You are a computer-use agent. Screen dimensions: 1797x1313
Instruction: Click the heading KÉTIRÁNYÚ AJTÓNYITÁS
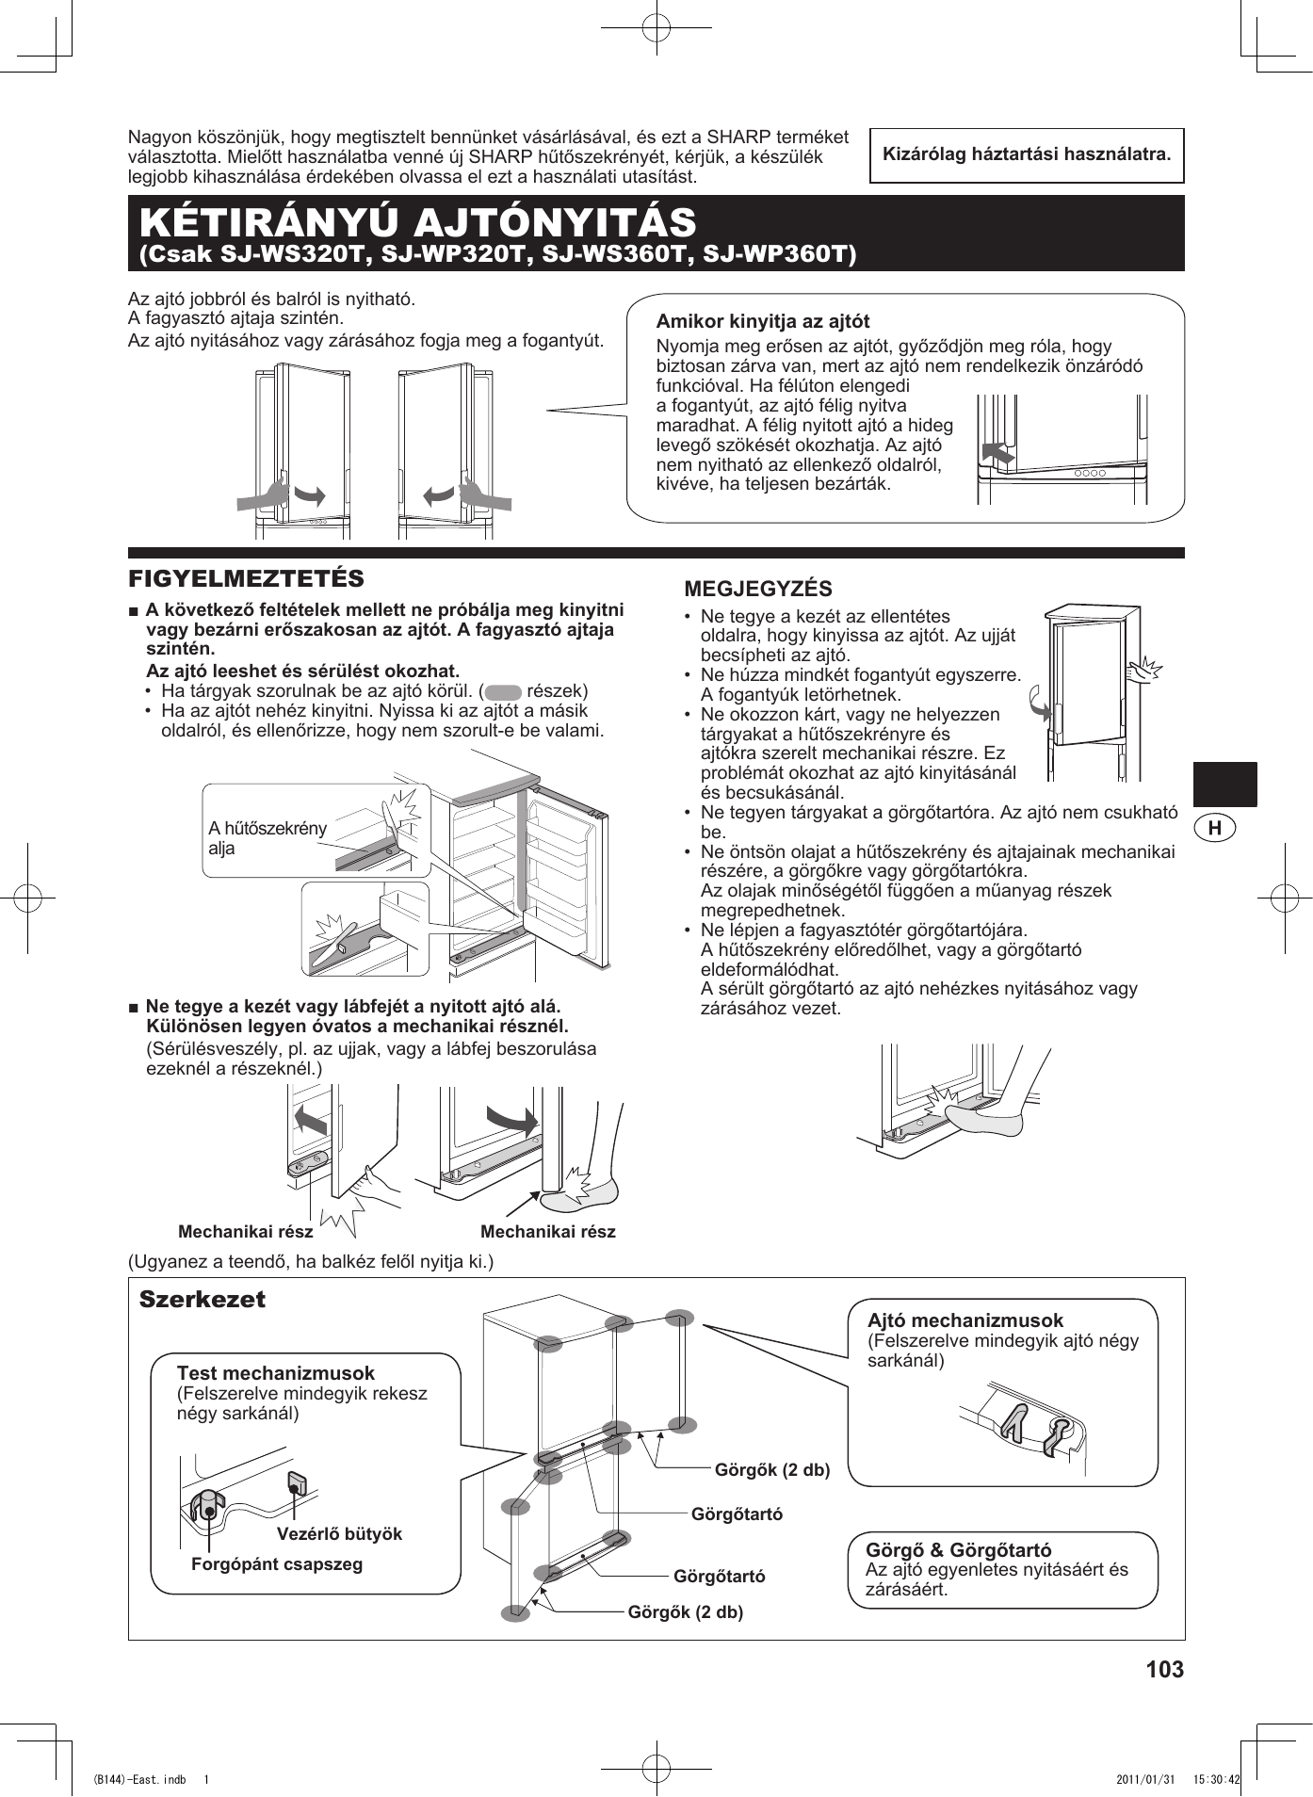point(417,222)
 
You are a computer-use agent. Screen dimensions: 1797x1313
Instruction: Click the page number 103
point(1164,1669)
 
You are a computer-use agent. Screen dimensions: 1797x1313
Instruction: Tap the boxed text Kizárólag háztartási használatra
point(1027,154)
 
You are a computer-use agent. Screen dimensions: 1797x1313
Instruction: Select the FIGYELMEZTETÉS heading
point(246,578)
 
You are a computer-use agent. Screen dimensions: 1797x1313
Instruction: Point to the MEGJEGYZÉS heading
point(758,590)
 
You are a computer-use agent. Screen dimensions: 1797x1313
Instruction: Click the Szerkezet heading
point(203,1300)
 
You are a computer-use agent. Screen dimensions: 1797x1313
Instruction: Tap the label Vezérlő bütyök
point(339,1533)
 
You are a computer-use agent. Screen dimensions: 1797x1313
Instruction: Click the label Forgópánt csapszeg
point(277,1563)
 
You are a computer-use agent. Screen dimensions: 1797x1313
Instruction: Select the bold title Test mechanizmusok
point(275,1373)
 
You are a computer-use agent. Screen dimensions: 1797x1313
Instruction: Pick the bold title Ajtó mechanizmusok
point(964,1320)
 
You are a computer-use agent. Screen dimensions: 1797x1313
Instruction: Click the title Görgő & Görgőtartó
point(958,1549)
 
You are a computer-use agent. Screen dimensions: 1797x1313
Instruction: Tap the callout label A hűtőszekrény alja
point(267,837)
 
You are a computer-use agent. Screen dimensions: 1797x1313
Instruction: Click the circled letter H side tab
point(1215,828)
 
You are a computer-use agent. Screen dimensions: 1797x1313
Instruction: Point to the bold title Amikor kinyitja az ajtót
point(763,321)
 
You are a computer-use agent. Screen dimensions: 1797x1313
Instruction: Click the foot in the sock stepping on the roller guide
point(985,1119)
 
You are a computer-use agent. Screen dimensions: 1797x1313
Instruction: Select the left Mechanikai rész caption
point(246,1232)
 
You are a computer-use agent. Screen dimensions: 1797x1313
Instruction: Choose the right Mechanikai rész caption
point(548,1232)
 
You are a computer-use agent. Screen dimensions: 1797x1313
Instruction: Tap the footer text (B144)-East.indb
point(138,1780)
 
